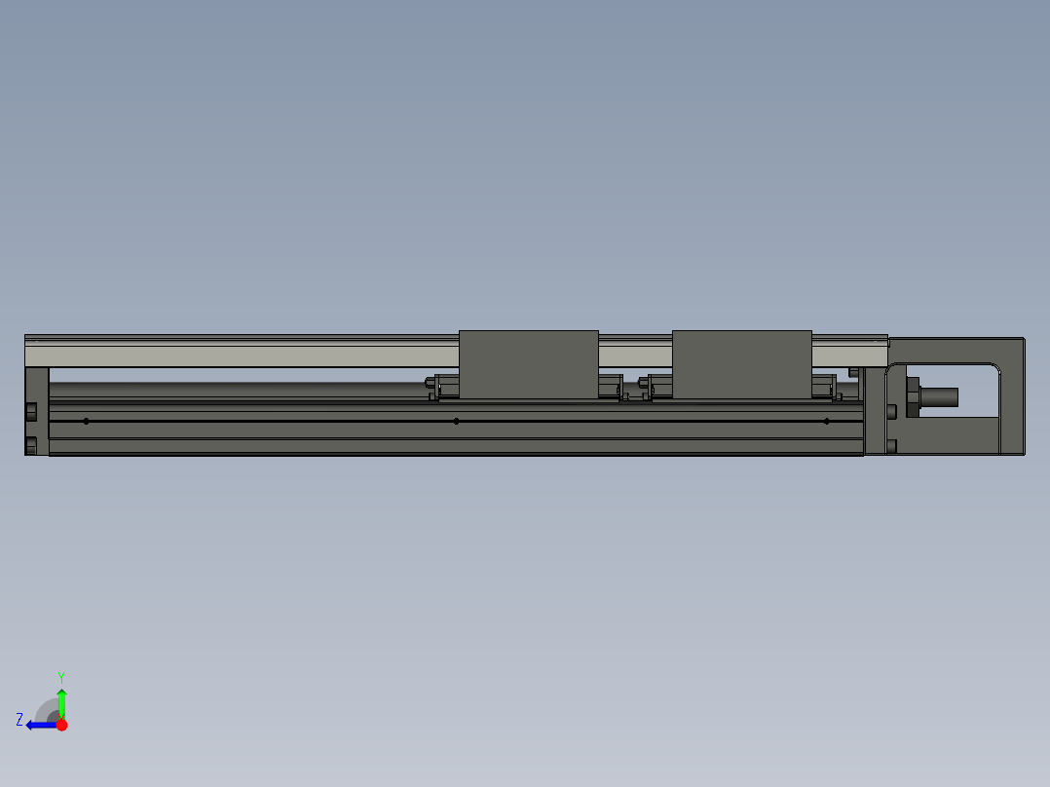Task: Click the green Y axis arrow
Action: (61, 701)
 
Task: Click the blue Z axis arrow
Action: (39, 725)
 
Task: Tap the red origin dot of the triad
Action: (61, 725)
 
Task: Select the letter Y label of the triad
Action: (60, 676)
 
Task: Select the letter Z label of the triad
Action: (19, 720)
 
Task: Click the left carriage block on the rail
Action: (528, 363)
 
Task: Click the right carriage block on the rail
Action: (741, 363)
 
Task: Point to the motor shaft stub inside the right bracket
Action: (939, 397)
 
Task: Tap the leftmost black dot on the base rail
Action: (87, 421)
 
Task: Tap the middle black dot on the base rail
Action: (456, 421)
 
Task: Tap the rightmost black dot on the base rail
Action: (826, 421)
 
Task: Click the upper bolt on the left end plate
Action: (31, 410)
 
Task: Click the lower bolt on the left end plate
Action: (31, 445)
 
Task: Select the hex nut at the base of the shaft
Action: (913, 397)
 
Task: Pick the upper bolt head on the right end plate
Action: (891, 410)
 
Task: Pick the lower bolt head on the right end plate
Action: (891, 446)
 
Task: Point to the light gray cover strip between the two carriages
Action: (635, 353)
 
